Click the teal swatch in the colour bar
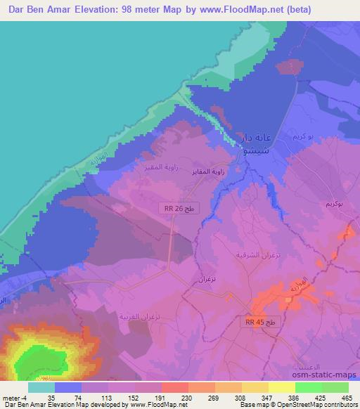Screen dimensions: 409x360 point(42,388)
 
